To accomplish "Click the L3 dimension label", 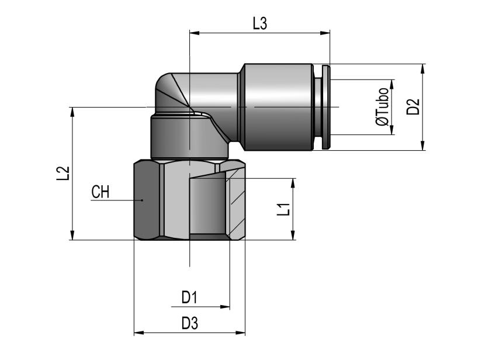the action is coord(260,23).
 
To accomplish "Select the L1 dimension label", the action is coord(283,209).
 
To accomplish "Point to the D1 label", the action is coord(189,297).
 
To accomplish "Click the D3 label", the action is coord(189,324).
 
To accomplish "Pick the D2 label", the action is coord(413,107).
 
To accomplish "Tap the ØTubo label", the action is coord(382,107).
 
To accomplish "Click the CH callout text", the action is coord(101,192).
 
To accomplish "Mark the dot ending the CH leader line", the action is coord(142,200).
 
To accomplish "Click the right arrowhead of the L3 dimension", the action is coord(325,33).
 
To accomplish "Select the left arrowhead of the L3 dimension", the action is coord(194,33).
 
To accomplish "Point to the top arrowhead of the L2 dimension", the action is coord(72,112).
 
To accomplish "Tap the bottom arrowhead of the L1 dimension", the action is coord(293,235).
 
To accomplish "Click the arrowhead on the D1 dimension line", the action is coord(225,307).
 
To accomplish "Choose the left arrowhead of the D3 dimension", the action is coord(139,333).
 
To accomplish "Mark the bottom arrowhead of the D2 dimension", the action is coord(423,146).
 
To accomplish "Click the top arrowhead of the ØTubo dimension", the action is coord(392,84).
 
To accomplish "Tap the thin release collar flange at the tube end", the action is coord(325,107).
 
